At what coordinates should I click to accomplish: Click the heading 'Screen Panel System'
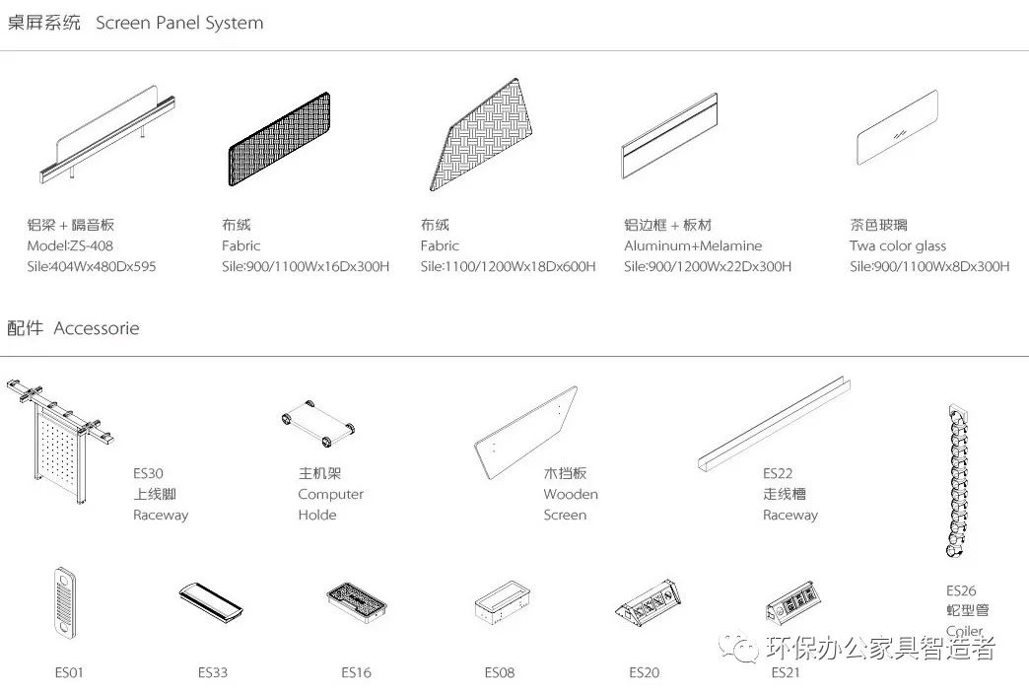[179, 23]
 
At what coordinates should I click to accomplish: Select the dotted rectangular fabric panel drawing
[279, 134]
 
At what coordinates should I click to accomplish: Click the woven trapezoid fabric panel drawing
[485, 136]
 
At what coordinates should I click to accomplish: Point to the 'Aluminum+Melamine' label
[692, 245]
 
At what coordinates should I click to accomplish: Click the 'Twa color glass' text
[897, 245]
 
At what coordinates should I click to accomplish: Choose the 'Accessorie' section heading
[97, 328]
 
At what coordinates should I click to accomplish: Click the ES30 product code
[148, 473]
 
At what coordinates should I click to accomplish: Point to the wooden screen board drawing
[525, 434]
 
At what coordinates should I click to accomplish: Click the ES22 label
[777, 473]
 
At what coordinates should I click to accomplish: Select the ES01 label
[69, 672]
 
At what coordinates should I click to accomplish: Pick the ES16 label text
[356, 672]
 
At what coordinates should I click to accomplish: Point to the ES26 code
[960, 590]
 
